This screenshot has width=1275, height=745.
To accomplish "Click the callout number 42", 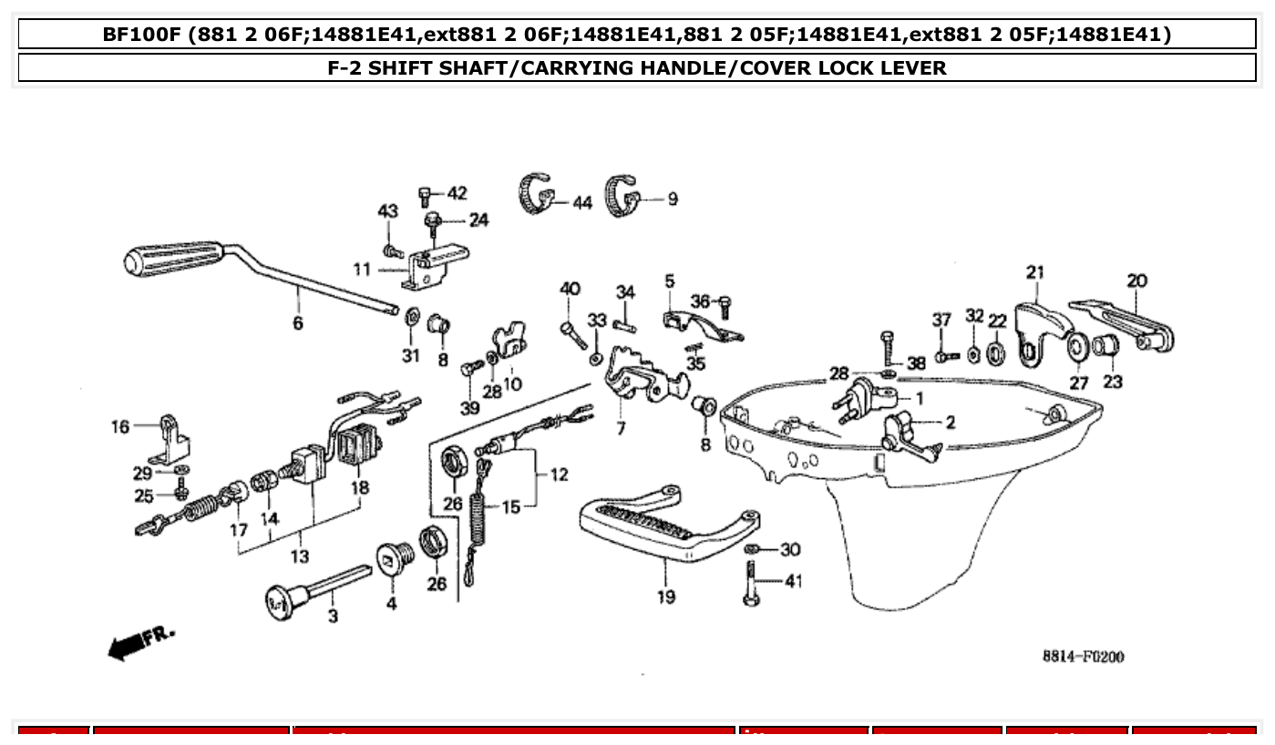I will tap(457, 193).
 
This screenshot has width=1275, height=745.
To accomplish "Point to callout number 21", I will tap(1034, 271).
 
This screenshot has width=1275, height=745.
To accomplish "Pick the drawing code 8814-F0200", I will tap(1083, 656).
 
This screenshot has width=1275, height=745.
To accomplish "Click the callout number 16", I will tap(120, 426).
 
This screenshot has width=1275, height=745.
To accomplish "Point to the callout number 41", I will tap(794, 581).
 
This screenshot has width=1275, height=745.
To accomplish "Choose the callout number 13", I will tap(299, 556).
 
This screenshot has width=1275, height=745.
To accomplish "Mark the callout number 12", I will tap(559, 474).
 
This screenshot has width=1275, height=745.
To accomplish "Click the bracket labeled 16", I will tap(173, 441).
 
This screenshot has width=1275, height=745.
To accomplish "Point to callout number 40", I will tap(570, 290).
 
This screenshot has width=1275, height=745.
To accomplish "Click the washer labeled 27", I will tap(1077, 348).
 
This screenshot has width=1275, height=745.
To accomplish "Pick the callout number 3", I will tap(333, 617).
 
